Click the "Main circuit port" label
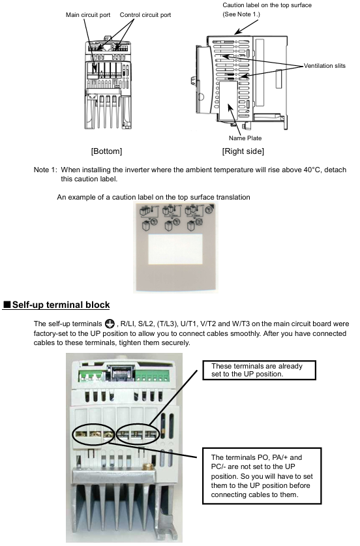point(88,15)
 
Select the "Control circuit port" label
point(145,15)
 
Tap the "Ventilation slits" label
point(325,65)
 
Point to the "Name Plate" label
point(245,138)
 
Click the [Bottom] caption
point(106,151)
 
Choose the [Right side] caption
point(243,151)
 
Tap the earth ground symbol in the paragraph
point(110,324)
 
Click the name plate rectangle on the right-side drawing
point(228,101)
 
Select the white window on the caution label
point(175,249)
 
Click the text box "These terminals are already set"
point(260,370)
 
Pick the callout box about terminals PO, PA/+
point(262,476)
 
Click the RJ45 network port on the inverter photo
point(120,373)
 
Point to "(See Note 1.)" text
point(241,14)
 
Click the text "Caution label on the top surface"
point(267,5)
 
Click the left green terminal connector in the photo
point(91,376)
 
